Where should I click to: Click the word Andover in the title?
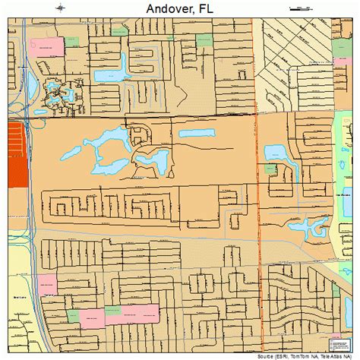point(163,9)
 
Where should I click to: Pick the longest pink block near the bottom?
point(131,314)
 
